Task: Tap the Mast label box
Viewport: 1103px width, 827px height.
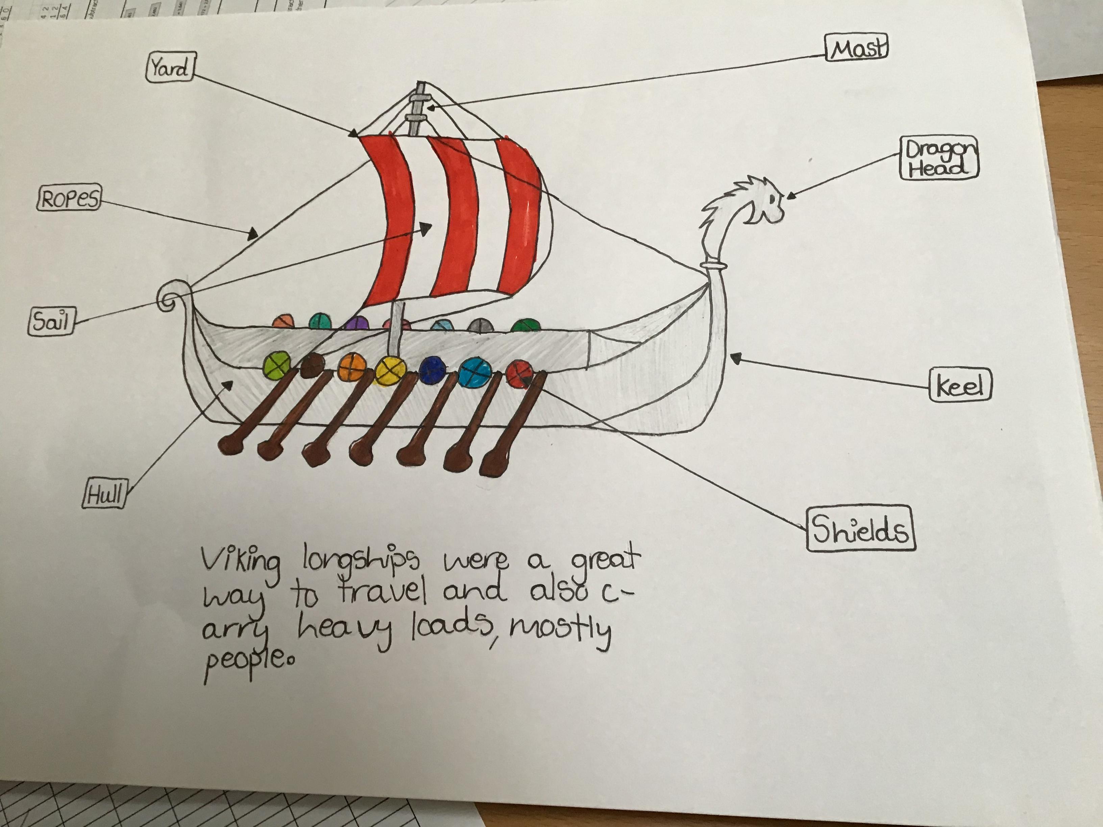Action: [x=856, y=48]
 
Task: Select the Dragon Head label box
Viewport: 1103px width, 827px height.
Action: [x=939, y=158]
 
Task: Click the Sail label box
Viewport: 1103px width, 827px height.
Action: [x=51, y=322]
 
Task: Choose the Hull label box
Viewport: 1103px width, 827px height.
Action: [x=104, y=494]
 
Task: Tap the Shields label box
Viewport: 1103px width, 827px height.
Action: [x=861, y=529]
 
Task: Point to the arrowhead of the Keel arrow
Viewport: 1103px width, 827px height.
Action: [x=735, y=357]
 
